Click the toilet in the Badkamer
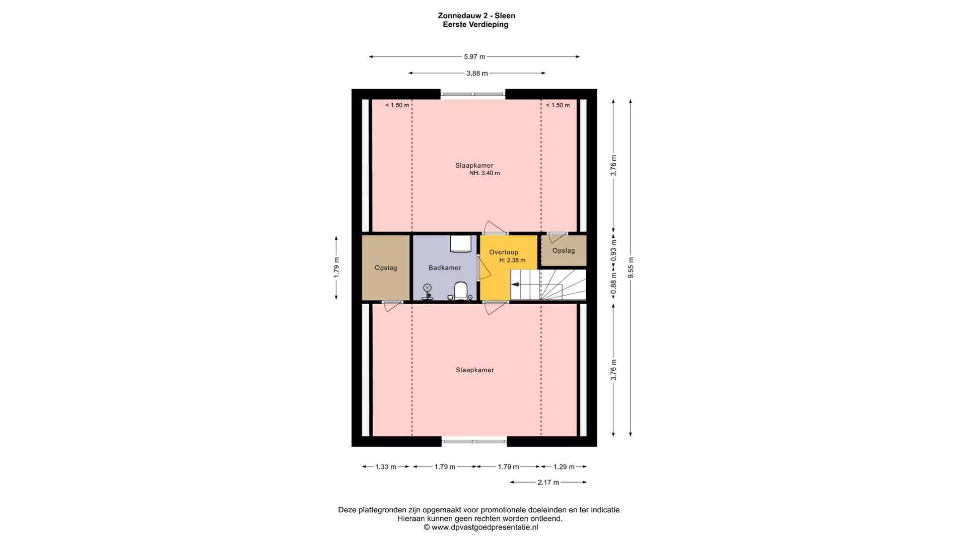click(461, 291)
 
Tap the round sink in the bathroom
click(428, 288)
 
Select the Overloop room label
click(504, 252)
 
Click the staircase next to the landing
click(548, 285)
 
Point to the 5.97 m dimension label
click(474, 57)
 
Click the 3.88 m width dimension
click(477, 74)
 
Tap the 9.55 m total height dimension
click(631, 267)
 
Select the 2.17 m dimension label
click(548, 483)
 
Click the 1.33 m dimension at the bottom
click(386, 467)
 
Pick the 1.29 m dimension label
click(564, 467)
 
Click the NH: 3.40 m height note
click(485, 173)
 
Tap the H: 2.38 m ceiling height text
click(512, 260)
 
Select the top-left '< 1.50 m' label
click(397, 105)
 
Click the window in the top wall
click(473, 94)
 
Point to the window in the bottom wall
click(474, 442)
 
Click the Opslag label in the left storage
click(386, 268)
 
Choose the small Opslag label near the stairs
click(564, 250)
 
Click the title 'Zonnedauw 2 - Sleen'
click(476, 16)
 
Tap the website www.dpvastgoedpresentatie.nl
click(485, 527)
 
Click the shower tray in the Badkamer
click(460, 243)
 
